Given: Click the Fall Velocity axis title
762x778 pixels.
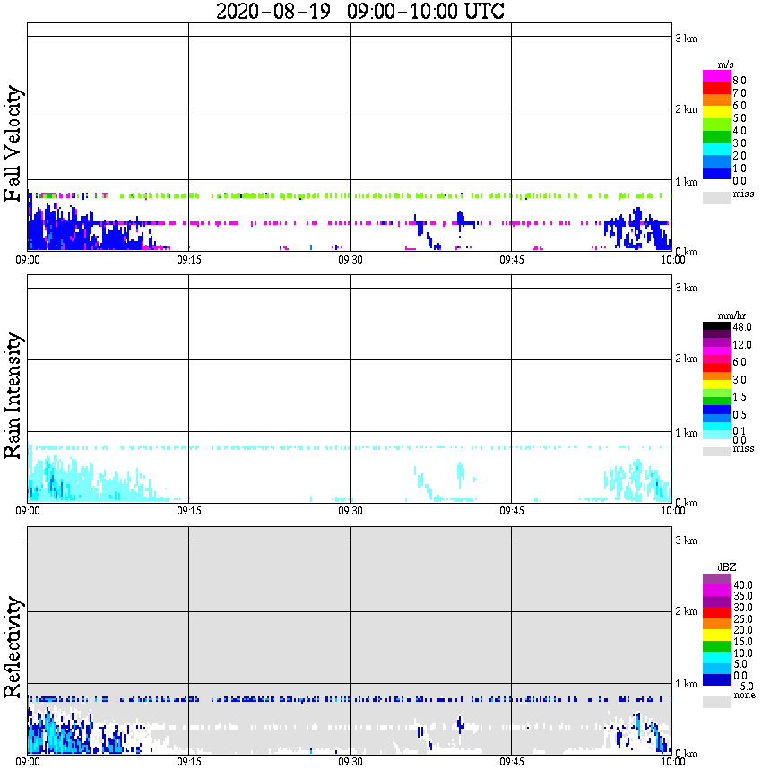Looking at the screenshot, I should point(13,144).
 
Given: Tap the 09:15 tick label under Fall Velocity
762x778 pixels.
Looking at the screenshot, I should point(188,260).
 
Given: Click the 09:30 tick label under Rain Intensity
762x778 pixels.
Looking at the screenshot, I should point(350,511).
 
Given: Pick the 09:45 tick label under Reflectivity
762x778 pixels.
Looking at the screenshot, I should point(511,762).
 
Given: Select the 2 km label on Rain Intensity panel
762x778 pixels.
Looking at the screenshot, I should point(686,359).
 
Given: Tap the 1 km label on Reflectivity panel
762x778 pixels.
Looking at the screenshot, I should point(686,684).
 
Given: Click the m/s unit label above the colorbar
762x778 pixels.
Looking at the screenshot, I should point(727,65).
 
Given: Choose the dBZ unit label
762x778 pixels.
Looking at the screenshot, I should point(726,567).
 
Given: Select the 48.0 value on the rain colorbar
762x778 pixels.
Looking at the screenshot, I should point(740,328).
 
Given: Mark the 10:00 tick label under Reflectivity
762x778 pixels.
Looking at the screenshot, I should point(672,762).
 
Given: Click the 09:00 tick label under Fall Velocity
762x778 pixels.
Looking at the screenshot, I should point(28,260).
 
